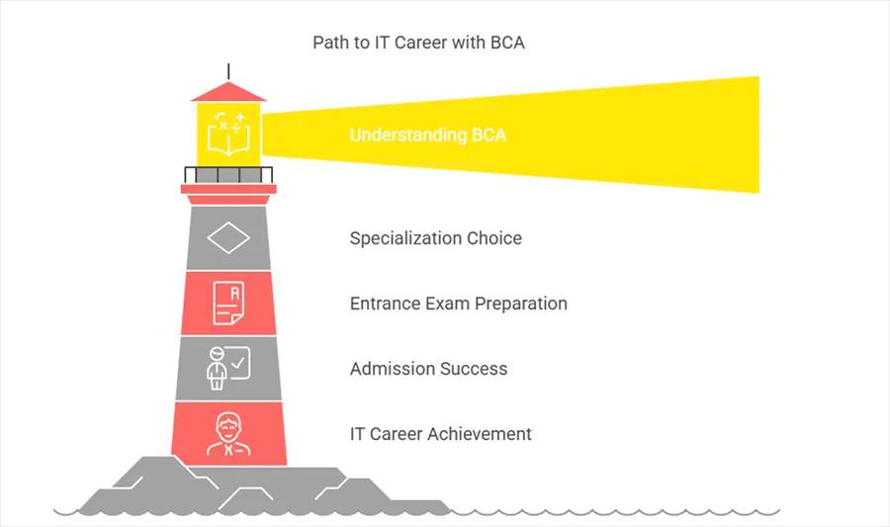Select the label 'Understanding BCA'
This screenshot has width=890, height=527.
427,134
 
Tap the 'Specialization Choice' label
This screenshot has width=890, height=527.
435,238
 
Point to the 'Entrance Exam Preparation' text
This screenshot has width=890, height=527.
459,304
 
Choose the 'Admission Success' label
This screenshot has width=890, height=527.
428,369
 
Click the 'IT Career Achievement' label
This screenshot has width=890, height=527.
440,434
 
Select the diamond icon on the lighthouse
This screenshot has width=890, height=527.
227,238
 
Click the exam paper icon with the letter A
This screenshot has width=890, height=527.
228,304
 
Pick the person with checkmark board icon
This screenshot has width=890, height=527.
227,368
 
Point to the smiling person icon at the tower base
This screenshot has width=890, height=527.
228,434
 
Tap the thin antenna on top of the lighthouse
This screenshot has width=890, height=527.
228,71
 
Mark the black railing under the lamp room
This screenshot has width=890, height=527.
228,175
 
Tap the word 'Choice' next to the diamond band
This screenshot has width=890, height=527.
493,238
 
